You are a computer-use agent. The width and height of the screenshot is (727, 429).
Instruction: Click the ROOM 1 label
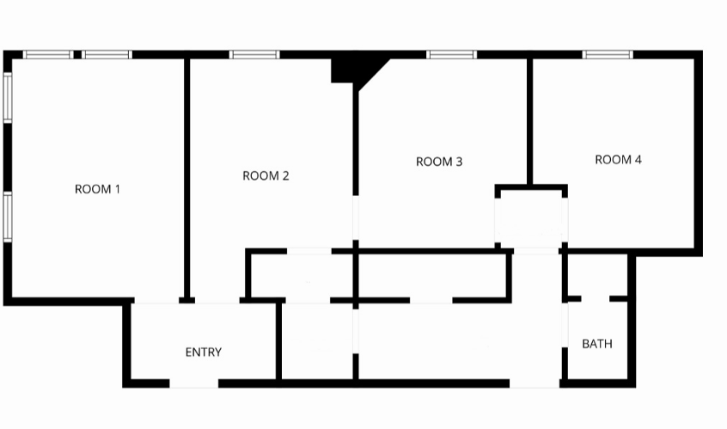click(x=97, y=189)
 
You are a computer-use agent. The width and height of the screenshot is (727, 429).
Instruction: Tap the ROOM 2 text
click(x=266, y=176)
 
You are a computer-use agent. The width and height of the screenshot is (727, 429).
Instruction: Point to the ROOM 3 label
click(x=439, y=162)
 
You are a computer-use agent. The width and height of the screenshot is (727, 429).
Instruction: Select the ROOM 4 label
click(x=618, y=160)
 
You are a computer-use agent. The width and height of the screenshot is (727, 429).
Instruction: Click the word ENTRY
click(x=204, y=352)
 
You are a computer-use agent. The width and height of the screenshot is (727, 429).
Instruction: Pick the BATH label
click(x=597, y=344)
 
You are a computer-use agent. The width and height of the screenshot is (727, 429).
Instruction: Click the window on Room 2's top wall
click(x=255, y=55)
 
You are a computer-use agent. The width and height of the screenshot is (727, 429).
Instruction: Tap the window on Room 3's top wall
click(x=452, y=55)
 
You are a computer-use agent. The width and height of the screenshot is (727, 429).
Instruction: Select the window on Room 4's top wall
click(x=608, y=55)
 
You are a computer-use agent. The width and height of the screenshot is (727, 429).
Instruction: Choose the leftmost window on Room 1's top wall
click(x=47, y=55)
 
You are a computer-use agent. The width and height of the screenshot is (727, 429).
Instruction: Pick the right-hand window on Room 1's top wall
click(x=107, y=55)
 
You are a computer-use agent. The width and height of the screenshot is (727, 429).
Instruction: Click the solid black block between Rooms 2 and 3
click(x=350, y=68)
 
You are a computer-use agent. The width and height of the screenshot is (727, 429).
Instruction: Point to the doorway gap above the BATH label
click(x=596, y=298)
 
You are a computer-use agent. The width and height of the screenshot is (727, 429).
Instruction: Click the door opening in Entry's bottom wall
click(x=194, y=383)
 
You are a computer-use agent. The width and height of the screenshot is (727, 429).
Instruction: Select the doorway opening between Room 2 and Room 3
click(x=355, y=222)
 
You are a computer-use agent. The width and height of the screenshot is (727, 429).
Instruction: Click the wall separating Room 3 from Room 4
click(x=529, y=120)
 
